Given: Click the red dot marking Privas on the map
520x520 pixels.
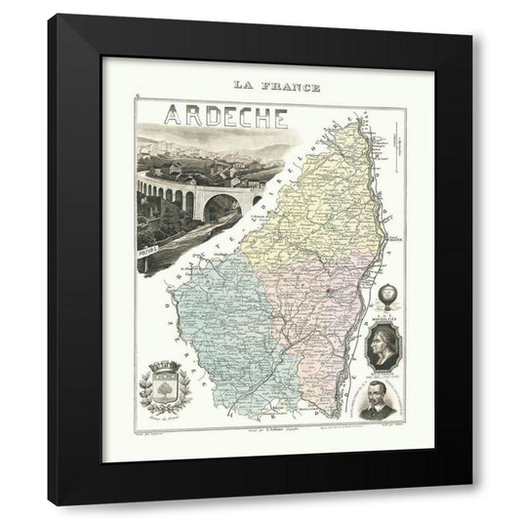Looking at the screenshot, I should coord(332,287).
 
